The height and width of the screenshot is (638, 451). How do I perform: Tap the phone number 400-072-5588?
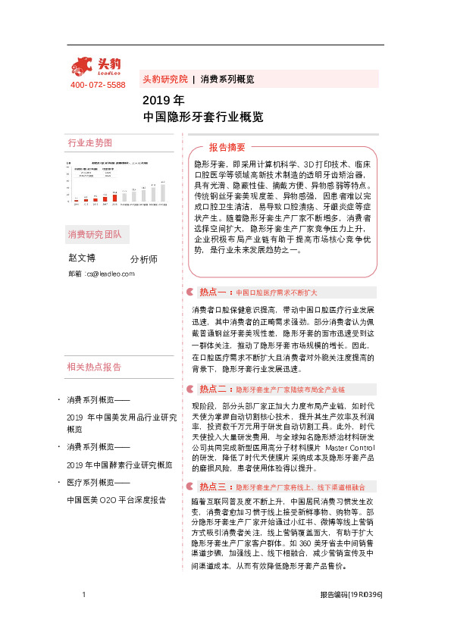click(x=98, y=85)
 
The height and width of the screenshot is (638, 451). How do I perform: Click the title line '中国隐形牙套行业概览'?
click(x=203, y=117)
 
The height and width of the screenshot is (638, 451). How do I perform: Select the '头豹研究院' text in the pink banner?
click(x=164, y=79)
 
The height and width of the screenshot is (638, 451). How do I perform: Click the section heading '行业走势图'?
click(x=89, y=143)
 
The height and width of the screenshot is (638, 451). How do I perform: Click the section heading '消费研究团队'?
click(x=94, y=233)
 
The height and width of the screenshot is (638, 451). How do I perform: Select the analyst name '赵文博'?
click(x=82, y=258)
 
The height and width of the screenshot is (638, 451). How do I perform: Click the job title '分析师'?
click(x=143, y=259)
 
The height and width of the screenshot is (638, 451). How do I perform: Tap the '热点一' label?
click(x=214, y=292)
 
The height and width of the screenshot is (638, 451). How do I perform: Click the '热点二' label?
click(x=214, y=389)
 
